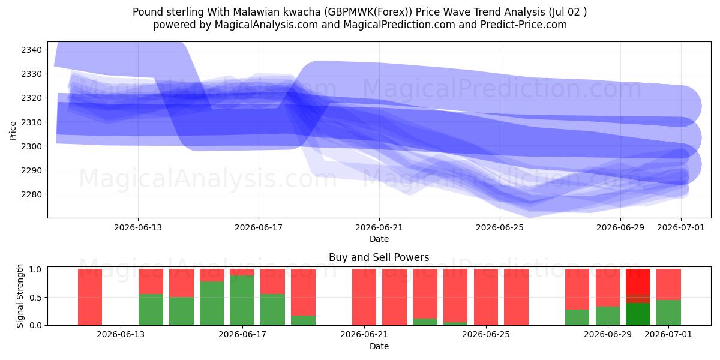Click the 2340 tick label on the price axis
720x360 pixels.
point(31,50)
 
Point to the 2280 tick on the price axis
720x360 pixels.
point(31,194)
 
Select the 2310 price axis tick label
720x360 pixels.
point(31,122)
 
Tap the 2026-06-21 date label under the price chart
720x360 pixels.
point(379,227)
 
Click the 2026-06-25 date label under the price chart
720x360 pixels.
point(499,227)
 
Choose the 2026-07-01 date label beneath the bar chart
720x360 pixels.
point(668,334)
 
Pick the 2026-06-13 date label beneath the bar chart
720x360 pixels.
point(121,334)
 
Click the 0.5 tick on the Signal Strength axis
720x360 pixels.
point(35,298)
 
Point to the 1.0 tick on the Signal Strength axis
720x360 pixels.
point(35,269)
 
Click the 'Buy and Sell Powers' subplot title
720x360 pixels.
point(379,257)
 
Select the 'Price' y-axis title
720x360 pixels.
point(13,131)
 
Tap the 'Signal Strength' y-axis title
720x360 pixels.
point(20,296)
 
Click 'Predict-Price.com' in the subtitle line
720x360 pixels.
point(524,25)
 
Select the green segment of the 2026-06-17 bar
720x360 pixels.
point(242,300)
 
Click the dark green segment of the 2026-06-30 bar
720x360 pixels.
point(638,314)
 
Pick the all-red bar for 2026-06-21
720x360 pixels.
point(364,297)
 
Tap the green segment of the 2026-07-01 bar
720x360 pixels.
point(668,313)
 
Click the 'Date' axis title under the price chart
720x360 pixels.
point(379,239)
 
